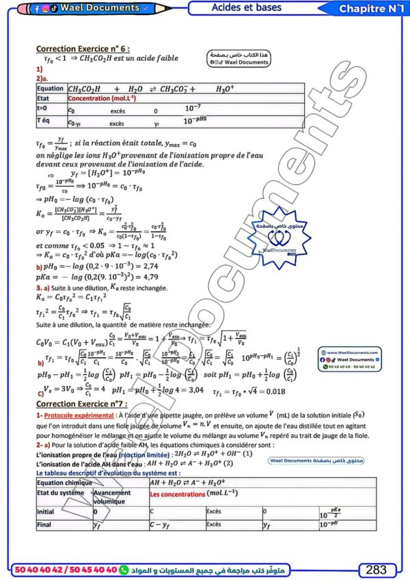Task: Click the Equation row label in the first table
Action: (x=51, y=89)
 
